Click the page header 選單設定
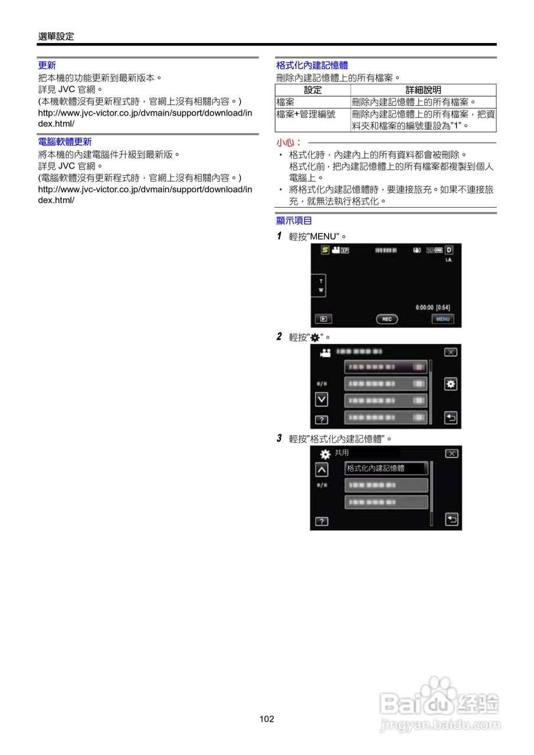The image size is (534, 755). tap(56, 37)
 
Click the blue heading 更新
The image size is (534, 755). tap(47, 65)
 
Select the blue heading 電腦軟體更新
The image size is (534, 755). tap(64, 142)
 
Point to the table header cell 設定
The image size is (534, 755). tap(313, 90)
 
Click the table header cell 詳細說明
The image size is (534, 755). tap(423, 90)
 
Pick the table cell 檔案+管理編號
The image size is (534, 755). tap(306, 114)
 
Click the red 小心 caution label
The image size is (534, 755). tap(289, 143)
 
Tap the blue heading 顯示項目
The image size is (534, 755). tap(294, 221)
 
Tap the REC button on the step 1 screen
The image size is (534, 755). tap(386, 319)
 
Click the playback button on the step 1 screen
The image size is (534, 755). tap(323, 319)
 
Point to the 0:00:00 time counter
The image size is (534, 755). tap(424, 308)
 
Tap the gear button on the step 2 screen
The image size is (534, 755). tap(451, 384)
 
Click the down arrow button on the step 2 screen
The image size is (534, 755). tap(321, 399)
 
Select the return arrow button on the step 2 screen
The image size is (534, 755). tap(451, 418)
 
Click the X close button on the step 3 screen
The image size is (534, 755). tap(451, 454)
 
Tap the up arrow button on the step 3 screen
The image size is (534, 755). tap(321, 470)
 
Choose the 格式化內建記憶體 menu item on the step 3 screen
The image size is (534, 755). tap(386, 468)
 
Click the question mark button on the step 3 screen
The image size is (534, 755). tap(321, 522)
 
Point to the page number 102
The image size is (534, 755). tap(267, 719)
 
